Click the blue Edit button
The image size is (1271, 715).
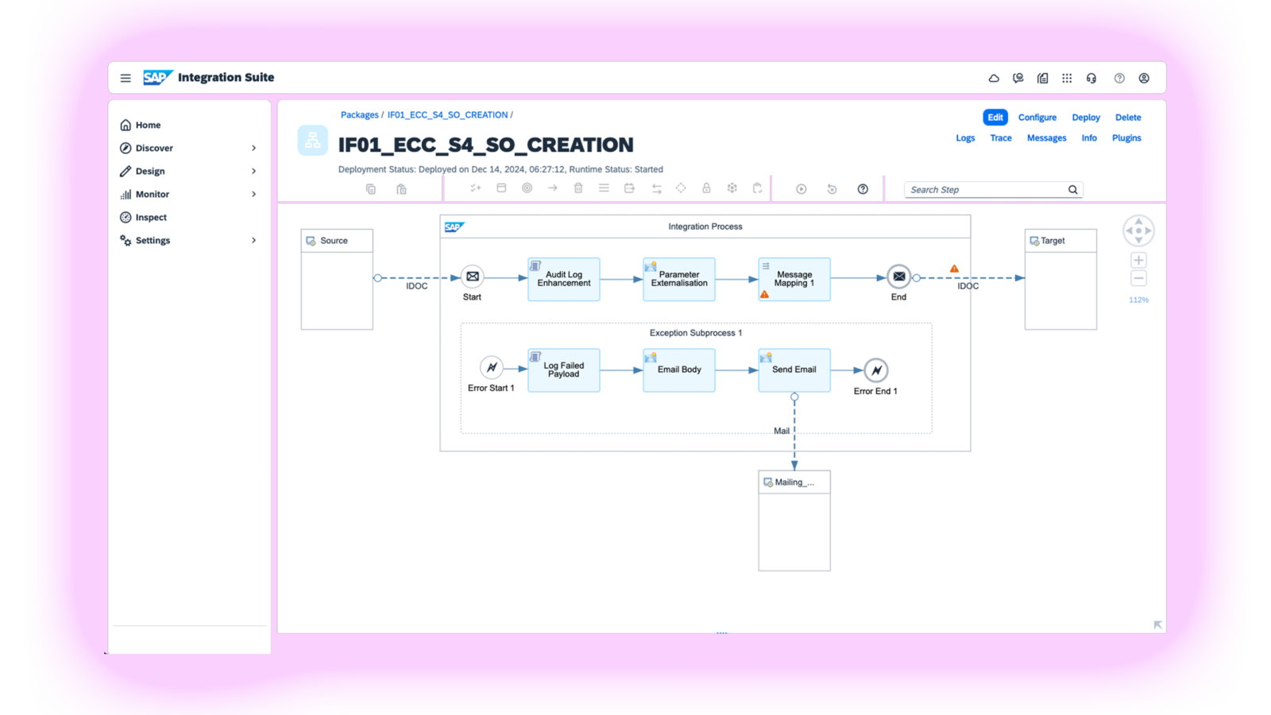click(995, 118)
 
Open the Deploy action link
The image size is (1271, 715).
click(1085, 118)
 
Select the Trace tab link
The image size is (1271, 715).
click(1000, 138)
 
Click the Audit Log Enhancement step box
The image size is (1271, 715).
click(564, 280)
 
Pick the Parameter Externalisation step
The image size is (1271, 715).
click(679, 280)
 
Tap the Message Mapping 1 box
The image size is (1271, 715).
click(794, 280)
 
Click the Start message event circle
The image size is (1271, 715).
click(473, 276)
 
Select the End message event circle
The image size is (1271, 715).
click(898, 276)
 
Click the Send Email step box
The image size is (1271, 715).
click(794, 370)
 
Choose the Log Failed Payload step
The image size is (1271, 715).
click(564, 370)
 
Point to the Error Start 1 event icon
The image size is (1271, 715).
click(492, 367)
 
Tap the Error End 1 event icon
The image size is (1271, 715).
click(876, 370)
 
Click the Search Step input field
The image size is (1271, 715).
click(985, 190)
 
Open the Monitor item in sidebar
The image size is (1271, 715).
click(153, 195)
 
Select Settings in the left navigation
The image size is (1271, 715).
click(153, 241)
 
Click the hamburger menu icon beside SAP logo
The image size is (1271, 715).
click(126, 78)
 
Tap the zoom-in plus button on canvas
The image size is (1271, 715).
click(1138, 261)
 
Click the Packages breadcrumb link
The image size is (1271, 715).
click(359, 115)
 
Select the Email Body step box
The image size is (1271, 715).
click(679, 370)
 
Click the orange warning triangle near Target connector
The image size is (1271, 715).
click(954, 269)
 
